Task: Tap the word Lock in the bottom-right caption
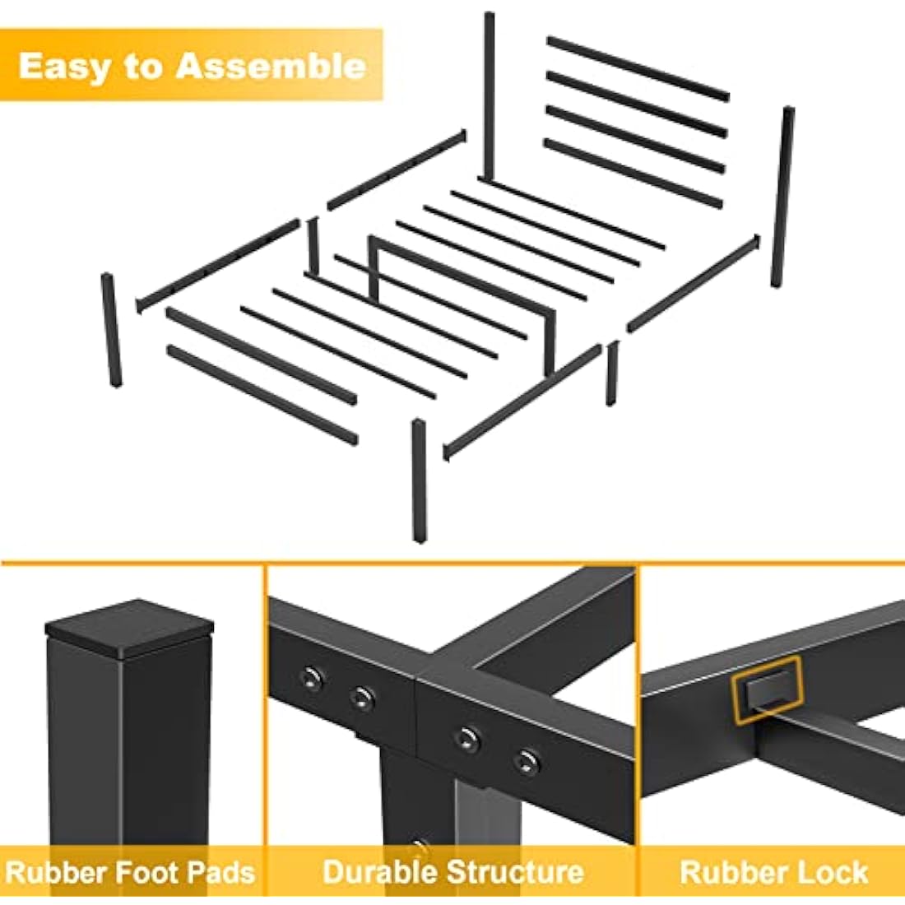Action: tap(834, 872)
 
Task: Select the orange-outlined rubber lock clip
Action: tap(767, 689)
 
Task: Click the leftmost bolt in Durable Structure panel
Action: tap(310, 678)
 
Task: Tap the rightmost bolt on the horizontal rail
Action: tap(527, 760)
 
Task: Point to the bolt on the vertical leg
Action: tap(420, 847)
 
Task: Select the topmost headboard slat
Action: tap(638, 68)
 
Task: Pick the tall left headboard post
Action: tap(489, 95)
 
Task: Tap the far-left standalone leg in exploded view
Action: tap(111, 330)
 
